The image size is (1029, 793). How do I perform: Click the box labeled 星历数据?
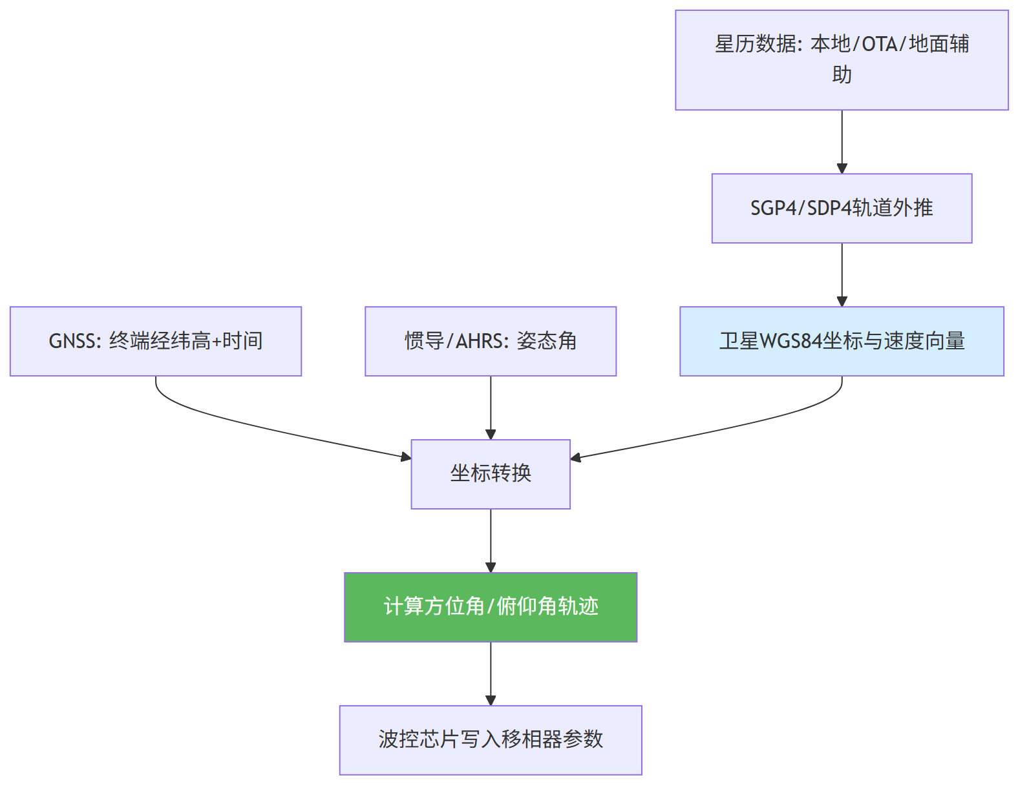842,60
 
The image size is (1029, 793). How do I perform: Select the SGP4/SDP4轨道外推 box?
842,208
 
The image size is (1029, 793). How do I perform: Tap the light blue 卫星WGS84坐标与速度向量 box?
842,341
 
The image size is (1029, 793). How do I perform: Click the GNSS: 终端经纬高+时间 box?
156,341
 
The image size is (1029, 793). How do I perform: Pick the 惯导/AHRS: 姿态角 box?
491,341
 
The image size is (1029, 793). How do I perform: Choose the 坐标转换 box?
491,474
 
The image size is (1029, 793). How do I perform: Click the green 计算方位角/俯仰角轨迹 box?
491,607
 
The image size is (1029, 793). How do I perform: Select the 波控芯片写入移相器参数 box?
491,740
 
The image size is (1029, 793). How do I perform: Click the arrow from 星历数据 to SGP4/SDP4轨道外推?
842,142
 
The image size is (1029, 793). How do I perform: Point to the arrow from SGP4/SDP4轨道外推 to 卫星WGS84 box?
842,274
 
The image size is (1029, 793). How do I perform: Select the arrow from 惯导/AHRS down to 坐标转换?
491,407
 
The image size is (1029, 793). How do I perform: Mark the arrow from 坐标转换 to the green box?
491,541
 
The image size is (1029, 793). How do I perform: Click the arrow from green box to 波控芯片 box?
491,674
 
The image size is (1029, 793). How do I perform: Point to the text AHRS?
478,341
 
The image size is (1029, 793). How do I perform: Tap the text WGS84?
790,341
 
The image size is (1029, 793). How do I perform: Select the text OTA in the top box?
879,45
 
